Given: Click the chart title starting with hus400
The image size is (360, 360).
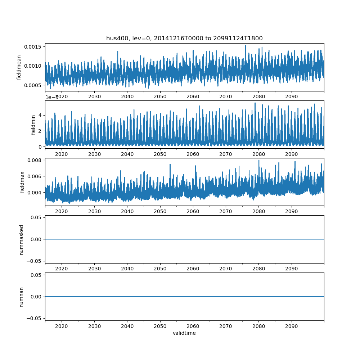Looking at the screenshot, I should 184,38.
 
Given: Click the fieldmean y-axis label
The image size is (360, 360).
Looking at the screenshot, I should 19,67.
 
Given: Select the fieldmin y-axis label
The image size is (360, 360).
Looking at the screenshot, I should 33,125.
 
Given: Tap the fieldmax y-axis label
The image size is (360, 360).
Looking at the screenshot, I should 22,182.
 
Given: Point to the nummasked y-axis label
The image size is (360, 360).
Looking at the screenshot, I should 21,239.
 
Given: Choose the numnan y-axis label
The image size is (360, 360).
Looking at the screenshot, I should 21,297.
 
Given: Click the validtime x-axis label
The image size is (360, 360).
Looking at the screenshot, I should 184,333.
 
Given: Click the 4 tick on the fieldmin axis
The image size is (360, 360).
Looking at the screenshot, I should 41,115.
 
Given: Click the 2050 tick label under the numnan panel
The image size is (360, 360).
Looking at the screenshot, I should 160,326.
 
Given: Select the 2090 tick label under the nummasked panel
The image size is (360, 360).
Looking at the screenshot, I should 291,269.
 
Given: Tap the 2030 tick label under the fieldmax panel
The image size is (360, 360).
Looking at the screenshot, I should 94,211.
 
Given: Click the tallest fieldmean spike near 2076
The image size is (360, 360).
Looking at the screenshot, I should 246,45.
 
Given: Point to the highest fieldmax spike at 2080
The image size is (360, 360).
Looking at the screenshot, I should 258,160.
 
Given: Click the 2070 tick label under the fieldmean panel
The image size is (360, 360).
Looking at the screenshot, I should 226,96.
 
